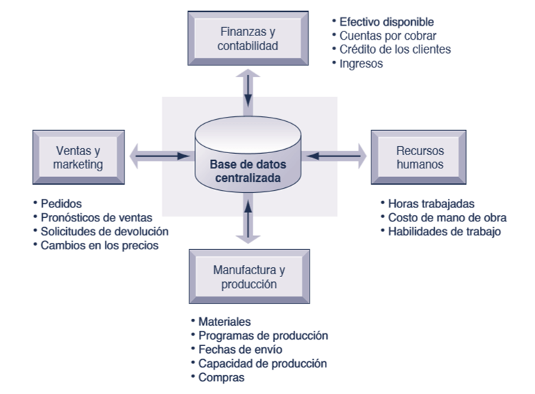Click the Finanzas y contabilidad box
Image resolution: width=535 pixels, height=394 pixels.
(x=248, y=38)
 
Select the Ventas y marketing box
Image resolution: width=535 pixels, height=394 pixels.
(x=78, y=157)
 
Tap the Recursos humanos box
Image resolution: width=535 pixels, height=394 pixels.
(x=420, y=157)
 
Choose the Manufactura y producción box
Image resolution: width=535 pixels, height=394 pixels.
(x=249, y=276)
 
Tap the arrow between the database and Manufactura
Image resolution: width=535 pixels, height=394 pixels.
(x=248, y=220)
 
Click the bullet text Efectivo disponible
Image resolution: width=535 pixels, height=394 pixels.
(x=386, y=22)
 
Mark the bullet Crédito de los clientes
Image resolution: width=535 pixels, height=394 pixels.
(x=394, y=49)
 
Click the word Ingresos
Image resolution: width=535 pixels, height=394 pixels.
(x=360, y=63)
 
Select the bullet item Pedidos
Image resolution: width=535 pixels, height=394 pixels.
(x=61, y=204)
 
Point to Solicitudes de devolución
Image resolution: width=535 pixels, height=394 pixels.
(x=104, y=231)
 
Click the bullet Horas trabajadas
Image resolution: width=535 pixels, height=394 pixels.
(x=431, y=204)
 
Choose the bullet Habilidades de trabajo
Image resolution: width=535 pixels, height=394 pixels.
(x=444, y=231)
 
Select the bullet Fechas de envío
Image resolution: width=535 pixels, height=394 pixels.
(x=240, y=349)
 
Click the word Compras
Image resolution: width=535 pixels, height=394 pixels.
(x=221, y=377)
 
